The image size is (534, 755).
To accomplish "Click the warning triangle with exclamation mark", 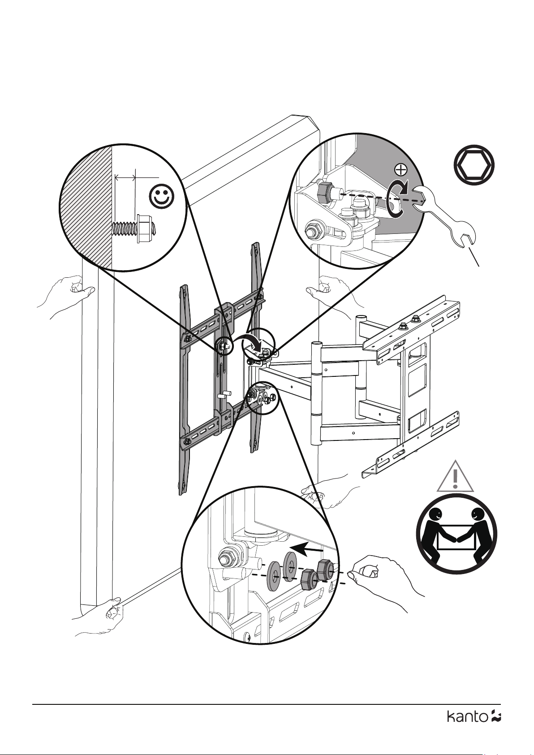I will (x=455, y=477).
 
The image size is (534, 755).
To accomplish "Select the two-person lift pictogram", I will (x=456, y=533).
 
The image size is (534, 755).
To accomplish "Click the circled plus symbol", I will (x=400, y=169).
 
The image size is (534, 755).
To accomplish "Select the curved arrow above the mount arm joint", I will (x=253, y=342).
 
